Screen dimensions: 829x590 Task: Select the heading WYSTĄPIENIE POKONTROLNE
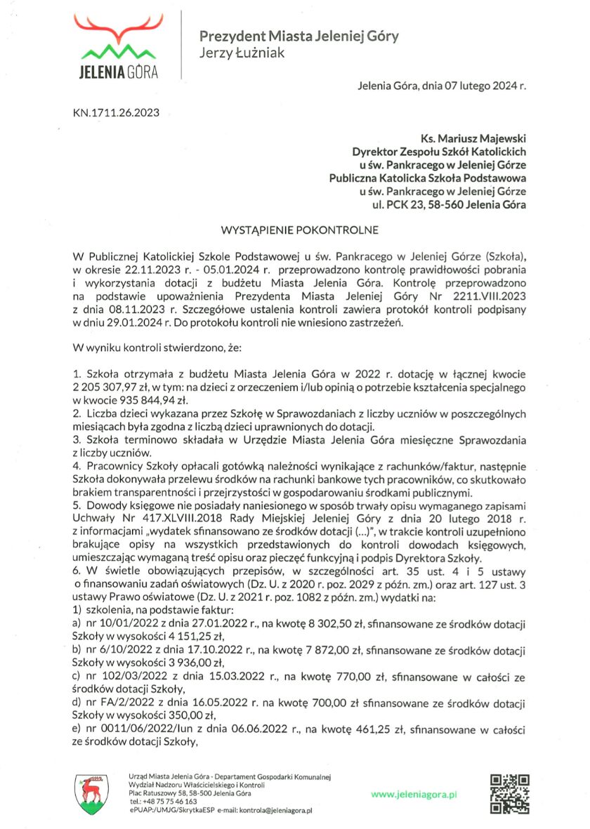300,230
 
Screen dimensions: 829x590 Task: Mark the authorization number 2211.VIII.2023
489,296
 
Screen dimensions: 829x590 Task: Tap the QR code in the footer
509,793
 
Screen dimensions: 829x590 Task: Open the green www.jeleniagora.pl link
414,794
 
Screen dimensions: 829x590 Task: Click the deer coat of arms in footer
91,793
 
